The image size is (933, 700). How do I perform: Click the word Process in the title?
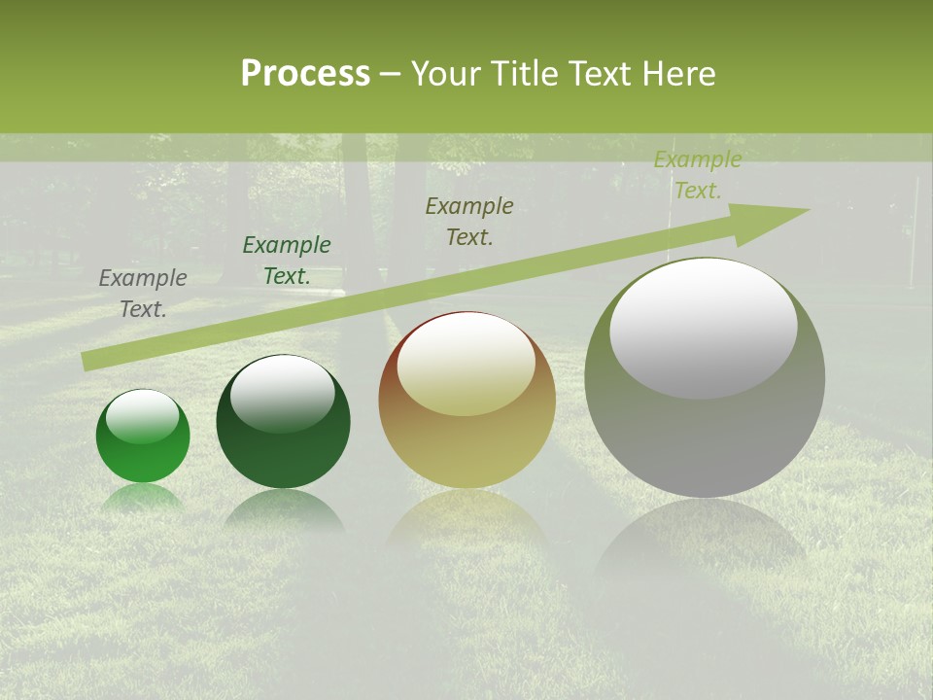pos(305,74)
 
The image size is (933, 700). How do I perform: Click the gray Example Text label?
pos(143,294)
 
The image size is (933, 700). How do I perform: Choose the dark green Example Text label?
pos(287,261)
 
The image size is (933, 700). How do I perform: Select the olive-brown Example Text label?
pos(469,221)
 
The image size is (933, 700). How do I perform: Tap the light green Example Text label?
pos(697,175)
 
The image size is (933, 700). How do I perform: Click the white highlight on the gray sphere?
pos(704,327)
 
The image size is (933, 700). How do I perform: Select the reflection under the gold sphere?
pos(466,520)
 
